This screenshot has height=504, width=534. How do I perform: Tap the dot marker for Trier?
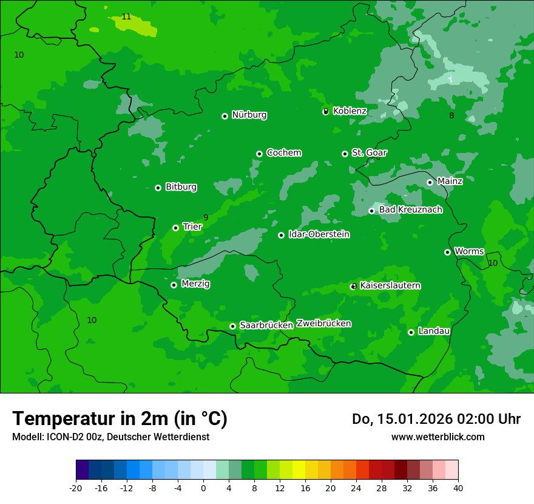[x=175, y=228]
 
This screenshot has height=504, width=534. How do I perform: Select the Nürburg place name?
[x=249, y=115]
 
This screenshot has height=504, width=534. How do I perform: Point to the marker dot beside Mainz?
[x=430, y=182]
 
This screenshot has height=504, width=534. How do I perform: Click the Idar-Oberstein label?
[x=319, y=234]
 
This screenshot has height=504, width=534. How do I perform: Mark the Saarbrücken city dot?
[x=232, y=326]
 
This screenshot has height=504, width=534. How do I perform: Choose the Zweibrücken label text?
[x=323, y=323]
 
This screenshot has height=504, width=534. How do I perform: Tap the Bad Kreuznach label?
[x=410, y=209]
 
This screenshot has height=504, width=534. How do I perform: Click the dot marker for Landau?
[x=411, y=332]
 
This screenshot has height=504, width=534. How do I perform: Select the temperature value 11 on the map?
[x=126, y=16]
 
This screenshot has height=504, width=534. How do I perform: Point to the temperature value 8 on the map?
[x=451, y=115]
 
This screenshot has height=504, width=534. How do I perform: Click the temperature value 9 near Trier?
[x=206, y=217]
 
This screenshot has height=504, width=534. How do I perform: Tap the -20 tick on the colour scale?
[x=75, y=488]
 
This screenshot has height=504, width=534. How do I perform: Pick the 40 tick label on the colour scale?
[x=458, y=488]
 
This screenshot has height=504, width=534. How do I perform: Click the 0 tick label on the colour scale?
[x=203, y=488]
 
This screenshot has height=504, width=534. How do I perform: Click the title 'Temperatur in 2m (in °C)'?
[x=120, y=418]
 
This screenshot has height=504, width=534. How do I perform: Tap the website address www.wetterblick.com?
[x=438, y=437]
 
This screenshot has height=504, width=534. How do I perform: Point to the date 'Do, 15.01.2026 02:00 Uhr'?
[x=436, y=419]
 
